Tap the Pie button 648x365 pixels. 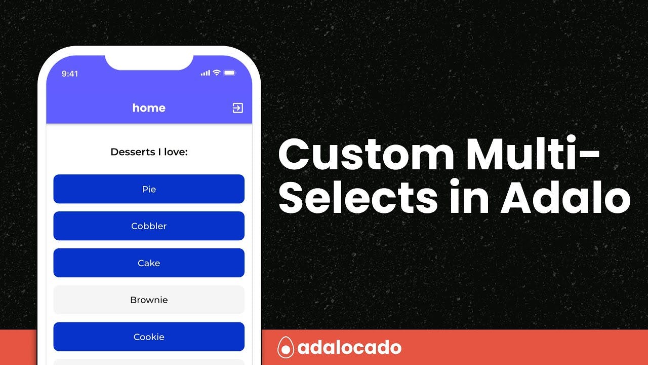click(149, 189)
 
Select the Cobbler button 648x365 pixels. click(149, 226)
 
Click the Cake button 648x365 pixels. click(149, 263)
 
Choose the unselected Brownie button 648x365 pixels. click(149, 300)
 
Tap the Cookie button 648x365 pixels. click(149, 337)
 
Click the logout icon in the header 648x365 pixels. click(238, 108)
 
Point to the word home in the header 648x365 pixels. click(149, 108)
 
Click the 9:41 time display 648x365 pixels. click(70, 74)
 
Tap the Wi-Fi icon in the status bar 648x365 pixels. click(217, 72)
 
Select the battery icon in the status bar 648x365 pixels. click(230, 72)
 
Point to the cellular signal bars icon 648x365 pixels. click(206, 73)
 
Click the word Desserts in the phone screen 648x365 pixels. click(133, 152)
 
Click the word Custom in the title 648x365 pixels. click(366, 154)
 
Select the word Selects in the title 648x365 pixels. click(358, 196)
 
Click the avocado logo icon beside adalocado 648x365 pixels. click(286, 347)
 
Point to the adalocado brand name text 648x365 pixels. click(349, 347)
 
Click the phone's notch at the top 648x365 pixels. click(149, 62)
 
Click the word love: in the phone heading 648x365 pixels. click(176, 152)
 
